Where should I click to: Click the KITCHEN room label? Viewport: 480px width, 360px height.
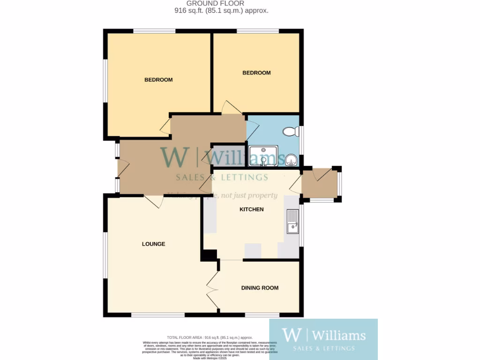(252, 210)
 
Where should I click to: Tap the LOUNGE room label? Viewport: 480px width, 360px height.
(154, 244)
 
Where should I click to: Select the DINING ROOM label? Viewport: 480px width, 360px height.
(260, 288)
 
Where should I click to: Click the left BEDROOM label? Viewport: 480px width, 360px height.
(158, 80)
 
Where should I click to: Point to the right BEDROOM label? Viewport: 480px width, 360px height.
(256, 73)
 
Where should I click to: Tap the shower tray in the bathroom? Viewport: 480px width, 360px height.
(264, 156)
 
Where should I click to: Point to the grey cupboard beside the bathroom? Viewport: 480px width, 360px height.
(228, 156)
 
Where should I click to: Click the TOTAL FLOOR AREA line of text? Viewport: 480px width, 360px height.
(210, 337)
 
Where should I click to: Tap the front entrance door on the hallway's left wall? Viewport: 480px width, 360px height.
(123, 168)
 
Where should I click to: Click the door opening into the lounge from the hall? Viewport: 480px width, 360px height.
(153, 201)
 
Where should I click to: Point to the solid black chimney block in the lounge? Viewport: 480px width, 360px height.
(209, 255)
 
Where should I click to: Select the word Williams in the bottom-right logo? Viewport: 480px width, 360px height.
(338, 335)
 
